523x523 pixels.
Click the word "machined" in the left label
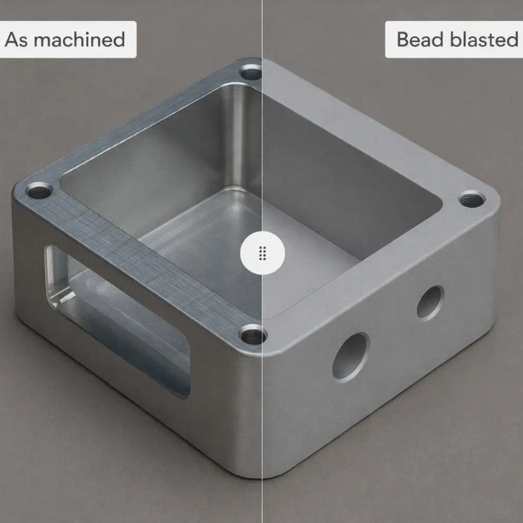[x=79, y=39]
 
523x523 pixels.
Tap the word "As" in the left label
[x=16, y=39]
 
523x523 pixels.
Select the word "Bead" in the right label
[x=421, y=39]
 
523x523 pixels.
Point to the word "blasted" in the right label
[x=484, y=39]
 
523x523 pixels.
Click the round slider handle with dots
[x=262, y=253]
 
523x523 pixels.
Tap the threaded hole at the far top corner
[x=250, y=71]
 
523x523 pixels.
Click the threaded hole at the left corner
[x=39, y=190]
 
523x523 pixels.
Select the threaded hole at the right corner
[x=472, y=199]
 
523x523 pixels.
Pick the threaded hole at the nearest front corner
[x=253, y=335]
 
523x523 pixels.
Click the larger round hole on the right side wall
[x=351, y=357]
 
